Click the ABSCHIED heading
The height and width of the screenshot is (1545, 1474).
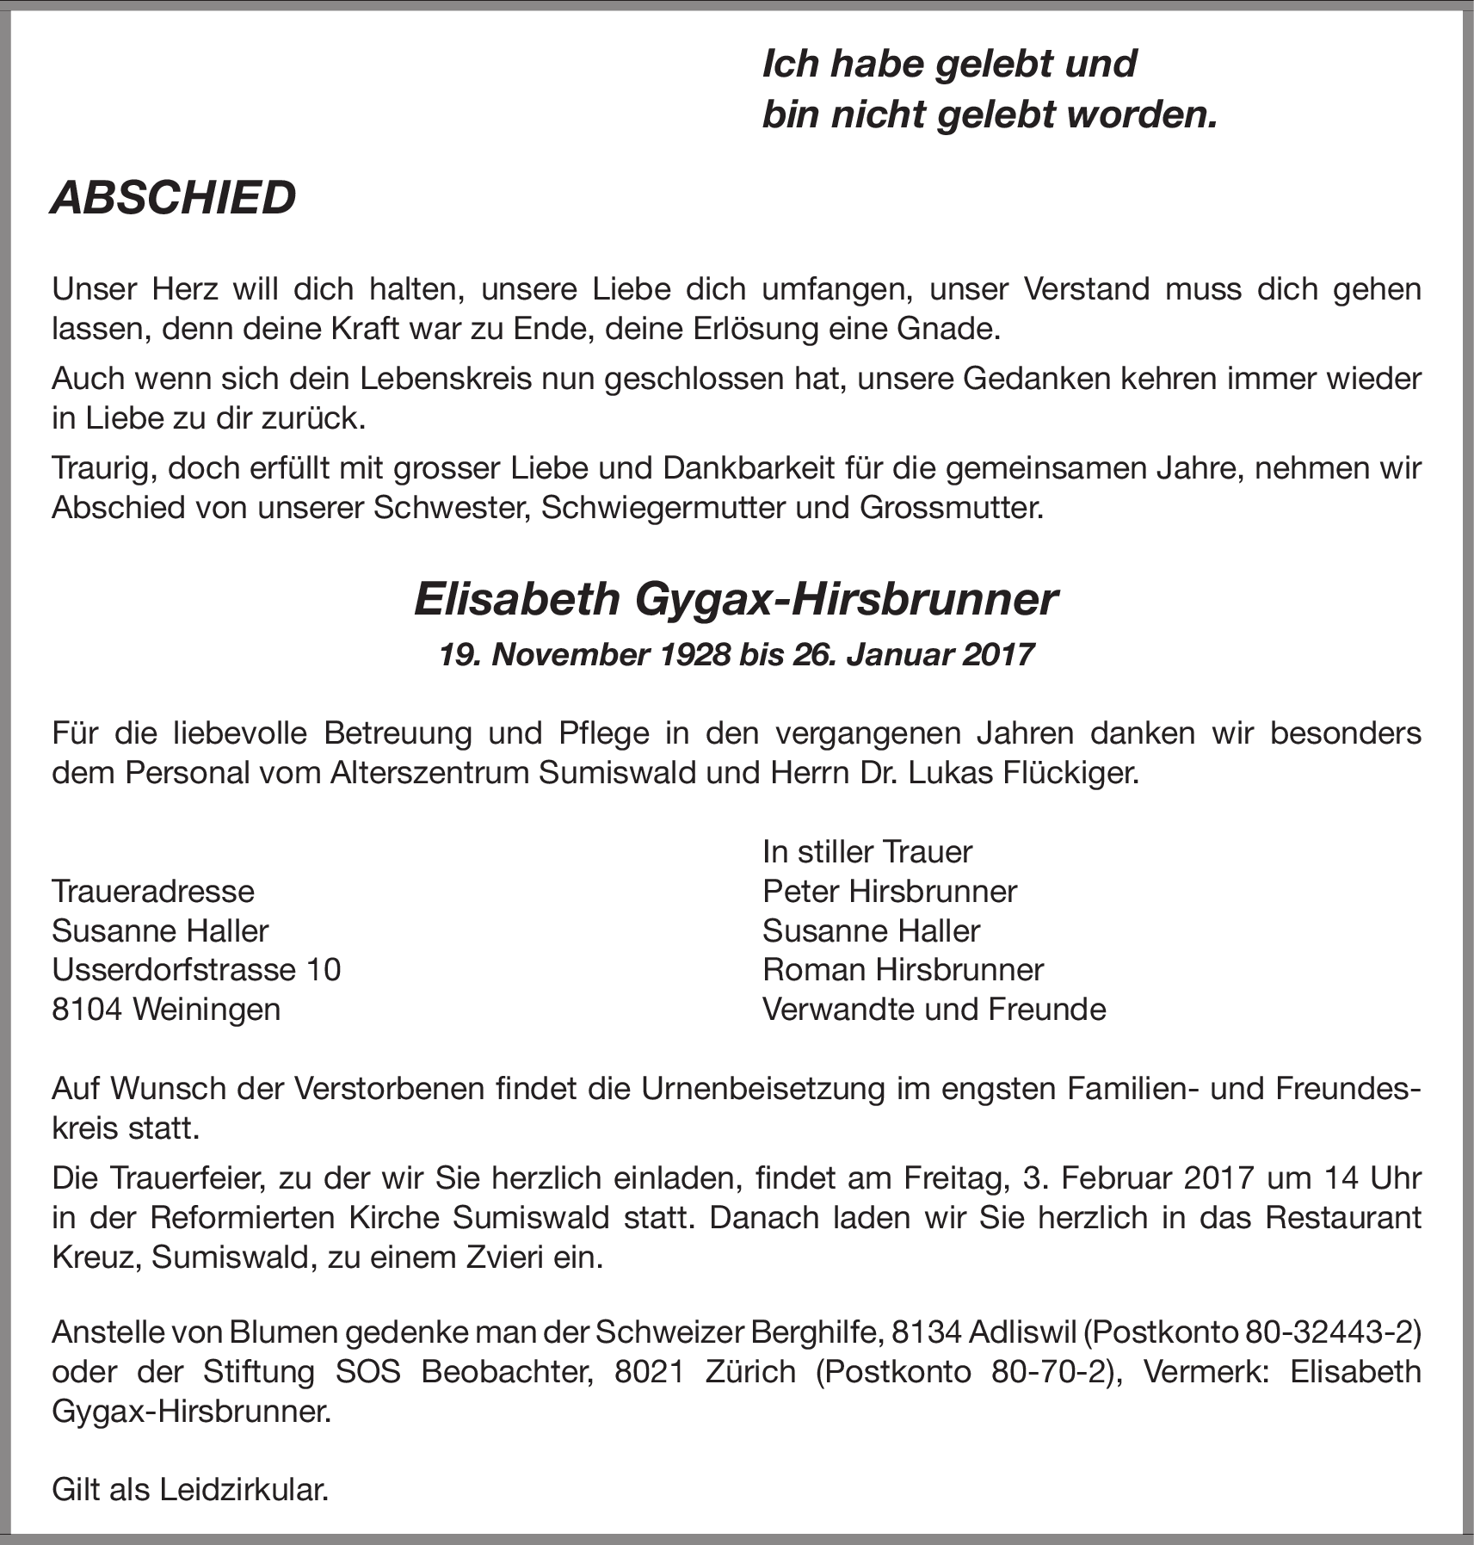pyautogui.click(x=173, y=198)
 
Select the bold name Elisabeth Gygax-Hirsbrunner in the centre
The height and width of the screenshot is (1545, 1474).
pyautogui.click(x=736, y=600)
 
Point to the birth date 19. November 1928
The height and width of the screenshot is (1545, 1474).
pyautogui.click(x=584, y=655)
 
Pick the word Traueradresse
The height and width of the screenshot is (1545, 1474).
pyautogui.click(x=153, y=891)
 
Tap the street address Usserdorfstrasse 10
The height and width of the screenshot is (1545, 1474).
pyautogui.click(x=196, y=970)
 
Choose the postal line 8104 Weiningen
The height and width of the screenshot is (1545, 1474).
pyautogui.click(x=166, y=1009)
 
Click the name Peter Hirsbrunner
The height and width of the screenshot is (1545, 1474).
pyautogui.click(x=890, y=891)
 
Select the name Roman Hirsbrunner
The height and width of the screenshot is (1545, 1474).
pyautogui.click(x=903, y=970)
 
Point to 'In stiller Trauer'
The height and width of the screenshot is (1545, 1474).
pyautogui.click(x=867, y=852)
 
